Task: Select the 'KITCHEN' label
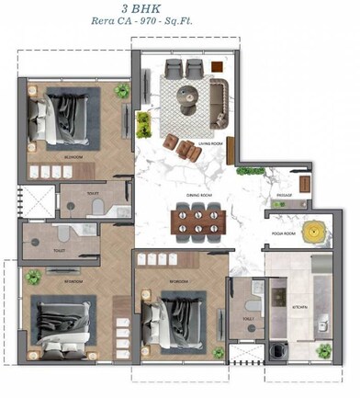pos(300,306)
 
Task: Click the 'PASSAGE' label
pos(285,196)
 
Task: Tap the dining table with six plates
pos(197,221)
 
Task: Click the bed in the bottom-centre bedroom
pos(180,314)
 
